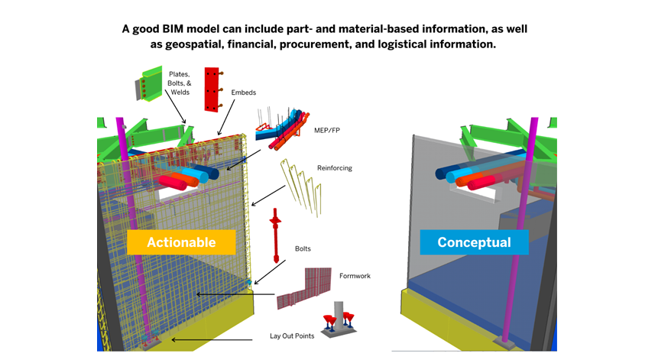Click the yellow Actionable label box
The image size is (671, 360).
click(180, 243)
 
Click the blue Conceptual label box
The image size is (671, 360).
click(474, 243)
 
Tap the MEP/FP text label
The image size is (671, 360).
click(328, 131)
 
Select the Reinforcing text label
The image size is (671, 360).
click(334, 167)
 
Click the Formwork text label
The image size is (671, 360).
click(355, 275)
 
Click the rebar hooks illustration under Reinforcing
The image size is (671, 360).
click(303, 184)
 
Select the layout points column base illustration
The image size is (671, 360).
click(339, 319)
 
